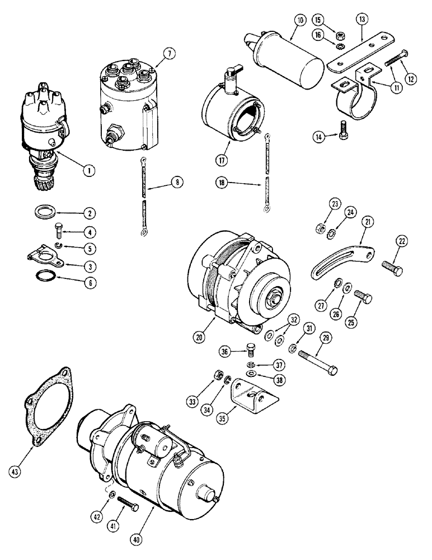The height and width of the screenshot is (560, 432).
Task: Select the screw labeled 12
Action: coord(395,59)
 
